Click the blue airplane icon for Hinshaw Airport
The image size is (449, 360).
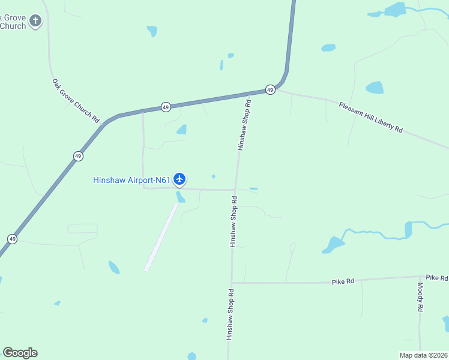pos(179,179)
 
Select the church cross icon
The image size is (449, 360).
pos(35,22)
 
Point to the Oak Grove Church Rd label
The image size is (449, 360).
pos(76,101)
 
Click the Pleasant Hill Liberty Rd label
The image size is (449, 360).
pos(370,117)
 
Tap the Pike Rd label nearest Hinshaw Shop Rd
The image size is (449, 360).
pos(343,281)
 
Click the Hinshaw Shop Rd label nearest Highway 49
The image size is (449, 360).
pos(244,125)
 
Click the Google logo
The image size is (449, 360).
pos(20,353)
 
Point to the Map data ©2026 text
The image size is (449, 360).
pos(423,355)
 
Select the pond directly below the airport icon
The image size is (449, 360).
pos(180,197)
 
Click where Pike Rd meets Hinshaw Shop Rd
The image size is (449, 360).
pos(231,283)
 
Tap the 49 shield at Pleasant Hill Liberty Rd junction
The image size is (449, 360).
pos(270,90)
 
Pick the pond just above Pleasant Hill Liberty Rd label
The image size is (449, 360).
pos(375,88)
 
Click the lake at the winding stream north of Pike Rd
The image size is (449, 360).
pos(334,244)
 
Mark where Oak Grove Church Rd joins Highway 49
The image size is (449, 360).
pos(106,123)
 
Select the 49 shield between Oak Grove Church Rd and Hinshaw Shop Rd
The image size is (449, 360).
pos(166,107)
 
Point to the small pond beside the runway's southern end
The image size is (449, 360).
pos(114,267)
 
